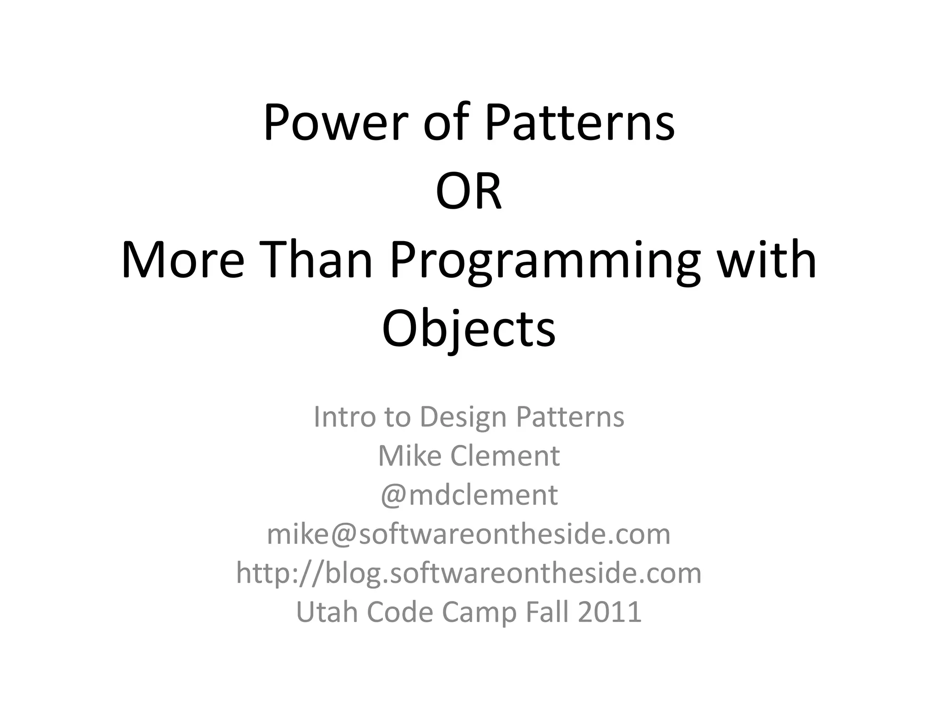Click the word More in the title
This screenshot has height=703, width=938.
(182, 260)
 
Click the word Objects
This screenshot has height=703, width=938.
(469, 329)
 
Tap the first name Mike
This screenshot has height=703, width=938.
(410, 456)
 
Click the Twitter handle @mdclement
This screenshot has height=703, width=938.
(469, 495)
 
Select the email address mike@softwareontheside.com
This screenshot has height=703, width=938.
(469, 534)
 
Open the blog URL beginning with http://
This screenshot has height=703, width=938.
(469, 573)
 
